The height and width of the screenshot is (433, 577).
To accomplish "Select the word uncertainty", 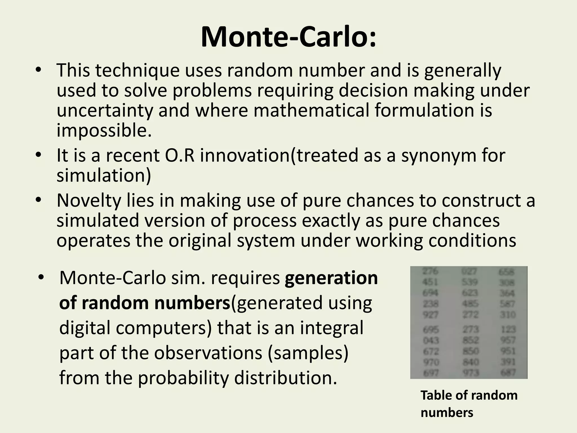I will coord(105,110).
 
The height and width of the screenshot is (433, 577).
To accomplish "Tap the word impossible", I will coord(104,130).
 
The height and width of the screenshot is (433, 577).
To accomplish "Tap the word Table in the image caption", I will coord(436,395).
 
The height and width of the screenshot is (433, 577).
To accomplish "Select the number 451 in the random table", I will coord(430,282).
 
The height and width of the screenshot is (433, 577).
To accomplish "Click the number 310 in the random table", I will coord(508,315).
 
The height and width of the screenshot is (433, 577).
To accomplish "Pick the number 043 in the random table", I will coord(431,341).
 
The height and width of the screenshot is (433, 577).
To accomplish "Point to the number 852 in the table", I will coord(471,340).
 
